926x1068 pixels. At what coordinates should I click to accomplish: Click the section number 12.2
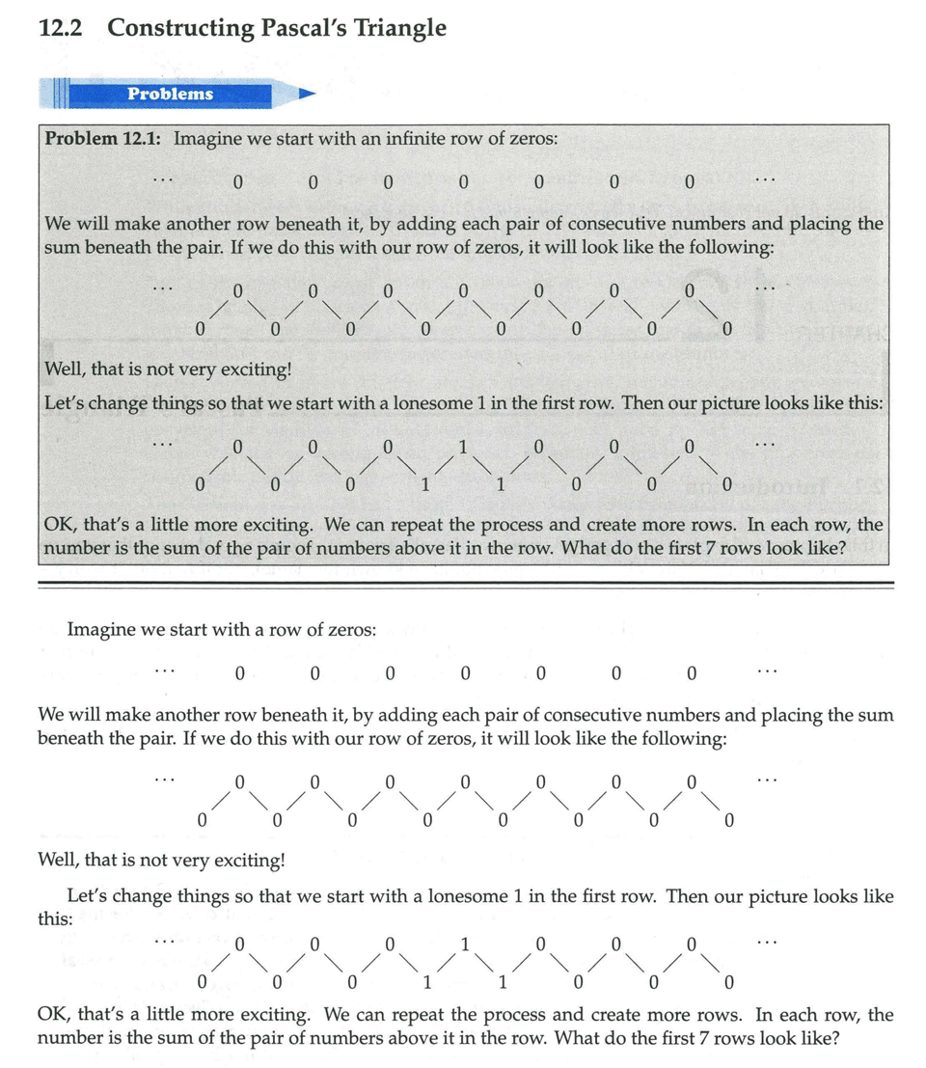pyautogui.click(x=60, y=28)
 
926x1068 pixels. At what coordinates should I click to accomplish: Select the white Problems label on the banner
pyautogui.click(x=171, y=94)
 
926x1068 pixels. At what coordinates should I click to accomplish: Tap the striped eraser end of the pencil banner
pyautogui.click(x=56, y=94)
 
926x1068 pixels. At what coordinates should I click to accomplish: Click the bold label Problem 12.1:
pyautogui.click(x=104, y=138)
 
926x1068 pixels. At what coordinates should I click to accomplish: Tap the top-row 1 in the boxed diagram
pyautogui.click(x=463, y=447)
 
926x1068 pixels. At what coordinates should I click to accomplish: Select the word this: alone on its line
pyautogui.click(x=55, y=918)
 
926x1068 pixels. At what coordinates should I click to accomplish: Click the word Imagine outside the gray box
pyautogui.click(x=100, y=629)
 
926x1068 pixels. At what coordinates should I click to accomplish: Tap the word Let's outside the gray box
pyautogui.click(x=94, y=896)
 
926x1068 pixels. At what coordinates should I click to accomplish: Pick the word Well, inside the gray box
pyautogui.click(x=67, y=370)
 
